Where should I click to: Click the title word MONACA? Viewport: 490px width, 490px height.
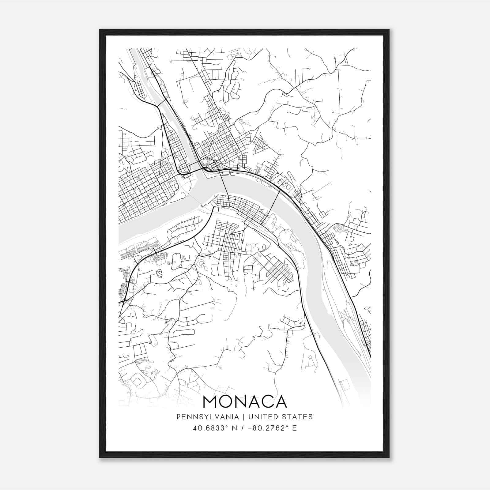245,402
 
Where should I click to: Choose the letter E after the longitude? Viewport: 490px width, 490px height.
295,428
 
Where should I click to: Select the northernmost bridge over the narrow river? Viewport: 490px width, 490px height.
163,102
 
